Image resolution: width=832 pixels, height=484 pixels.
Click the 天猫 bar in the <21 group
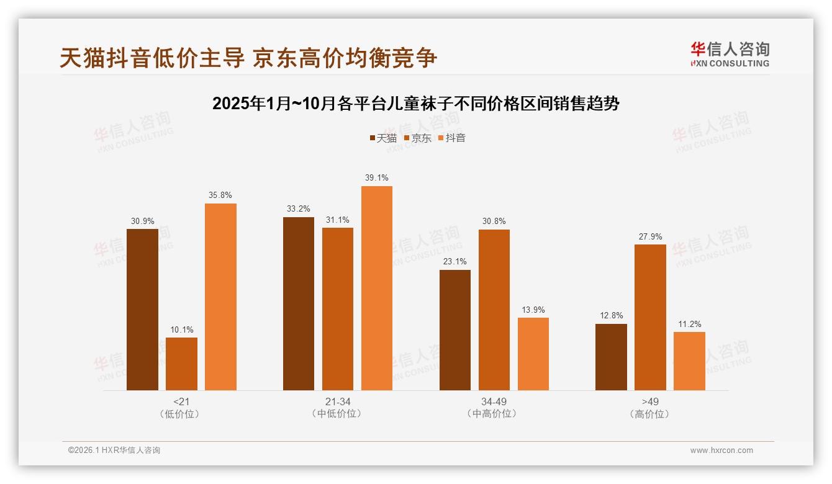(x=142, y=310)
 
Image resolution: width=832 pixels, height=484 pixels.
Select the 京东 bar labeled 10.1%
(x=181, y=364)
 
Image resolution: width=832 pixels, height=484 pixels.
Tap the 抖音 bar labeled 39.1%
(x=377, y=288)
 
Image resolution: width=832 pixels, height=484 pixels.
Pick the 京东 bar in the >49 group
(x=650, y=317)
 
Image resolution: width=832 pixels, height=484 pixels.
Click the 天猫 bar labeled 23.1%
(x=455, y=330)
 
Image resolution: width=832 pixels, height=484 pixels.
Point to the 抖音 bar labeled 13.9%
(x=533, y=354)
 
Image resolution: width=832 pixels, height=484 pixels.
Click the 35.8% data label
(x=220, y=195)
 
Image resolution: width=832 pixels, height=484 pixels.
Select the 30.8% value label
(x=494, y=221)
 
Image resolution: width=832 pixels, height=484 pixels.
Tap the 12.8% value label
(x=612, y=315)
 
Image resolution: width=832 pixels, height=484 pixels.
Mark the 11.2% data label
(x=690, y=323)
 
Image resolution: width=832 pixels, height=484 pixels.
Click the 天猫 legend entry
(x=383, y=138)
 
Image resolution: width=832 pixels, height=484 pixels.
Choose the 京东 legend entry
(x=418, y=138)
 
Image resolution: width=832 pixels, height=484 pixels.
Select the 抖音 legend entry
(x=452, y=138)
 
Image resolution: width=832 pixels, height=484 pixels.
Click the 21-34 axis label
(x=338, y=401)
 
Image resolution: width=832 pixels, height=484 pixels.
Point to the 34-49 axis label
(x=494, y=401)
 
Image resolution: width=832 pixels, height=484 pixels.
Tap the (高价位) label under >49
(x=650, y=414)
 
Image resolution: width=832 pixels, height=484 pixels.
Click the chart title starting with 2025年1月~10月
(x=415, y=104)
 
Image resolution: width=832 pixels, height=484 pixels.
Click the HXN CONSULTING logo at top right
(x=730, y=54)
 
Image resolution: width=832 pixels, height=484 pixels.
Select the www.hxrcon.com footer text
(x=721, y=450)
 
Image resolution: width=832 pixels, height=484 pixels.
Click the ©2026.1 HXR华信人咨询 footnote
(x=114, y=450)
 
